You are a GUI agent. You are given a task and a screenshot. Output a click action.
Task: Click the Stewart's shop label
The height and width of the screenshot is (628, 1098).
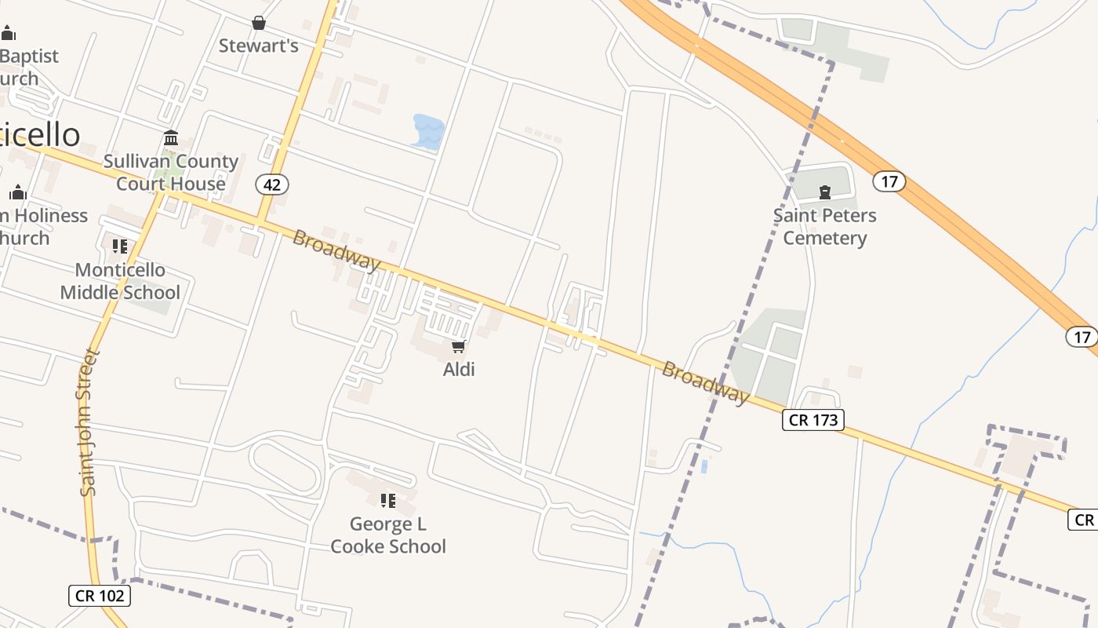[x=258, y=46]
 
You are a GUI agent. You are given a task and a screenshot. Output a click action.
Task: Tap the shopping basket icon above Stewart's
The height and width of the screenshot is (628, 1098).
[x=258, y=24]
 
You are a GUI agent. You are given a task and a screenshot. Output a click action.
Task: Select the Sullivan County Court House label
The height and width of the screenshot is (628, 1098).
[x=171, y=173]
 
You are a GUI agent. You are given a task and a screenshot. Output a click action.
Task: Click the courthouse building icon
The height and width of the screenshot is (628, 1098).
[x=171, y=139]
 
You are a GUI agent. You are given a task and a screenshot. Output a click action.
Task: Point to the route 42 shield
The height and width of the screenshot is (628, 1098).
[x=272, y=184]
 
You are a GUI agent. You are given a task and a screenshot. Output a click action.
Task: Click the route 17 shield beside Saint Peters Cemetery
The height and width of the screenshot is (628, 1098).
[x=889, y=182]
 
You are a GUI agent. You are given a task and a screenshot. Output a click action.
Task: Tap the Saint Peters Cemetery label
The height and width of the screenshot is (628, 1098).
[x=824, y=226]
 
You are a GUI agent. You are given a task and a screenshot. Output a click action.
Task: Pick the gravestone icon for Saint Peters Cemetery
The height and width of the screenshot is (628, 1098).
[x=824, y=192]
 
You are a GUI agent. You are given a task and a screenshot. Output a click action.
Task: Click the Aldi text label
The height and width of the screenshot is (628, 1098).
[x=459, y=369]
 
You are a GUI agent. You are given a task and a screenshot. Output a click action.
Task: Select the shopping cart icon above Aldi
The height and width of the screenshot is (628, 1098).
[x=459, y=346]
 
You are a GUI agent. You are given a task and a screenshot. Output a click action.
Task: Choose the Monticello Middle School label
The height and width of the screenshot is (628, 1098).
[x=120, y=281]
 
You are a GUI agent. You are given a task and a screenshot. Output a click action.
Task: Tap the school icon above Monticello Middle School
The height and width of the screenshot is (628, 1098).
[x=120, y=246]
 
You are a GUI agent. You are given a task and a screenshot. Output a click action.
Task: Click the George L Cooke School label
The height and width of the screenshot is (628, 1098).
[x=388, y=535]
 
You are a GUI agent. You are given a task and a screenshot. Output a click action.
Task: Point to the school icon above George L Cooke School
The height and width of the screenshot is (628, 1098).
[x=388, y=500]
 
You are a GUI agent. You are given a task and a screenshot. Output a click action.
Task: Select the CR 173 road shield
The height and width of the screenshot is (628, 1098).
[x=813, y=420]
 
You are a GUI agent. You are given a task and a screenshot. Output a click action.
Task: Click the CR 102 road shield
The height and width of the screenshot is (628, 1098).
[x=99, y=595]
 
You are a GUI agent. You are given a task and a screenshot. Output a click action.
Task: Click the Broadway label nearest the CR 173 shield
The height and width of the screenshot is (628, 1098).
[x=705, y=382]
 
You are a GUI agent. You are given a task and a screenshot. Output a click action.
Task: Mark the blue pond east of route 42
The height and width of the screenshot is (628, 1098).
[x=428, y=131]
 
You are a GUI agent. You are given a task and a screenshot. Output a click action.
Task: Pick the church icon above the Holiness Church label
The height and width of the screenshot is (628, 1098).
[x=18, y=192]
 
